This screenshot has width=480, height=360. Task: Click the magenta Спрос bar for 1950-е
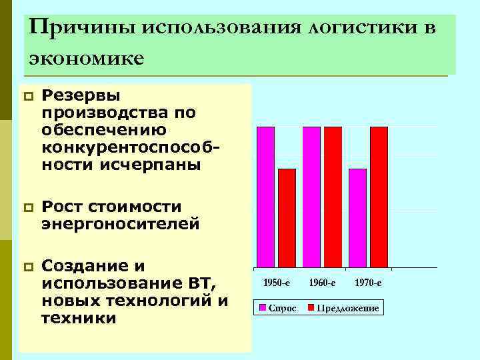(265, 197)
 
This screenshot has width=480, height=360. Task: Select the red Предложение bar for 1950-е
(287, 218)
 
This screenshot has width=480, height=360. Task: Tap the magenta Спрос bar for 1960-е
(311, 197)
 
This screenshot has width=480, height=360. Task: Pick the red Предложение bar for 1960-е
(333, 197)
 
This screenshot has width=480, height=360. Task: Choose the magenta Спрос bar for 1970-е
(357, 218)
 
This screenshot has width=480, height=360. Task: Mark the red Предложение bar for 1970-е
(379, 197)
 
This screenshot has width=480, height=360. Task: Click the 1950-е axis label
(277, 283)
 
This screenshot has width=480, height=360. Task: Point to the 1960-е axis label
(322, 283)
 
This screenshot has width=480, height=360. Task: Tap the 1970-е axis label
(368, 283)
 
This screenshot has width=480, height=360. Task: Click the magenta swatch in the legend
(263, 308)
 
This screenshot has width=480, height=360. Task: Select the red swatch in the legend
(311, 308)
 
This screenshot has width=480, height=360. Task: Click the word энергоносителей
(120, 224)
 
